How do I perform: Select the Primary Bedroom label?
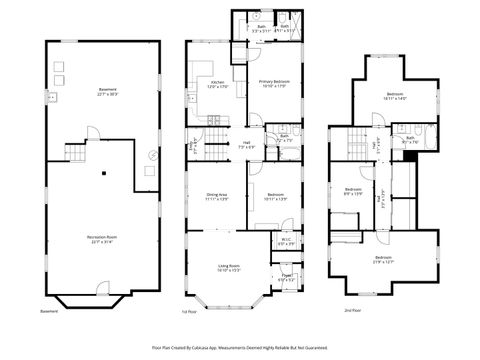[273, 84]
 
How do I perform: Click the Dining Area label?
[217, 196]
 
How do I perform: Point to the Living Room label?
[229, 267]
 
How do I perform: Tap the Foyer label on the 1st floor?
[286, 277]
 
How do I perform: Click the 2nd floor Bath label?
[410, 139]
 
